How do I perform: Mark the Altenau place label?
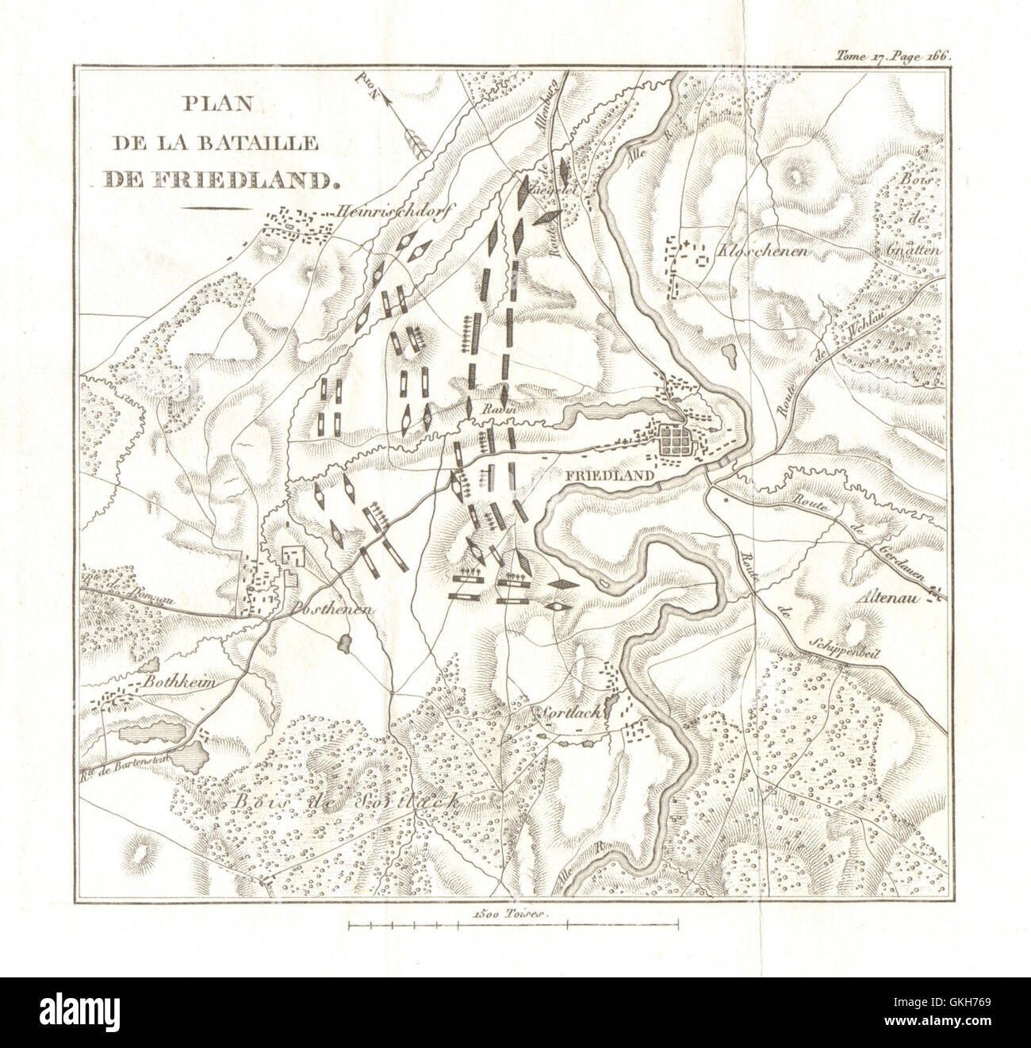895,600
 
